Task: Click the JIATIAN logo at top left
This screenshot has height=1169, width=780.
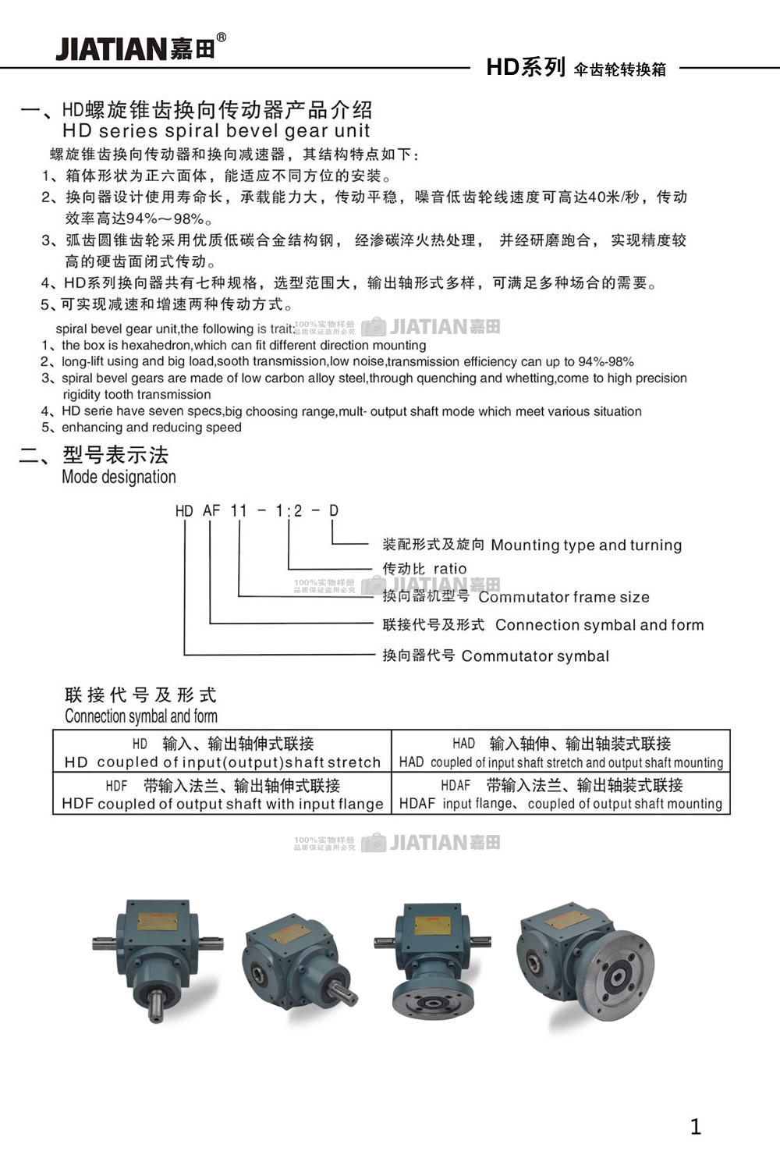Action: [123, 49]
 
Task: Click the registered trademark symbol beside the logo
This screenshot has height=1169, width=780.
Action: [222, 37]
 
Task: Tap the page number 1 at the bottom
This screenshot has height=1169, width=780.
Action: [696, 1126]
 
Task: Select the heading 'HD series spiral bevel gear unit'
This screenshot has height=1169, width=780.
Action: [216, 131]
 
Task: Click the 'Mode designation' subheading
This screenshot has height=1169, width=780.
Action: [119, 477]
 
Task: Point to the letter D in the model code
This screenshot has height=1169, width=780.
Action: [333, 510]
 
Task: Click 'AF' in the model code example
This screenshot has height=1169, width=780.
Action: [211, 510]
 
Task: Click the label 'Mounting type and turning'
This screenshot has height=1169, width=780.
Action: [586, 545]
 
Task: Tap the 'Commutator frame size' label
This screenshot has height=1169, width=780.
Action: [563, 597]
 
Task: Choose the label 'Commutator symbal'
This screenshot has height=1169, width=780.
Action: [535, 656]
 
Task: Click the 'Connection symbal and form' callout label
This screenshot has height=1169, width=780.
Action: [599, 625]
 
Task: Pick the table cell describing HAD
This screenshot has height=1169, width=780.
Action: [561, 752]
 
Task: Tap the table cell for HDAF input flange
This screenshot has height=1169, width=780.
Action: [561, 794]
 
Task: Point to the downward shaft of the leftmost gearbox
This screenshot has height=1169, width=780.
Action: [157, 1002]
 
